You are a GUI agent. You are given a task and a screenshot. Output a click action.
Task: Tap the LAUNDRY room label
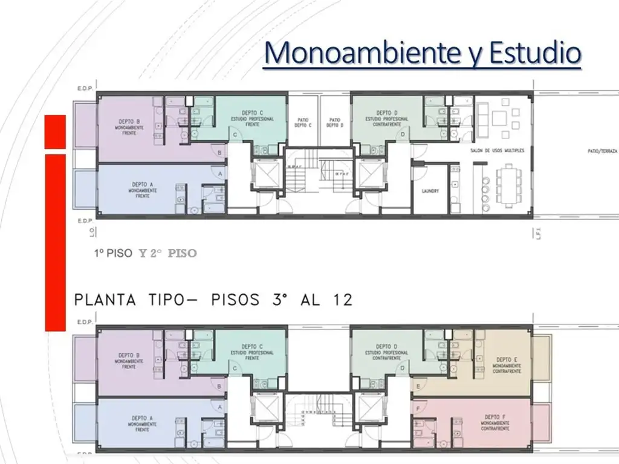point(430,191)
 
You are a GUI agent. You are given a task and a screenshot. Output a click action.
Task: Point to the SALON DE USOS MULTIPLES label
point(497,150)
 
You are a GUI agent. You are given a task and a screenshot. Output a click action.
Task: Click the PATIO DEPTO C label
point(302,123)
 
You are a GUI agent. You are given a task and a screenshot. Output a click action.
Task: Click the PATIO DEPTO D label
point(335,123)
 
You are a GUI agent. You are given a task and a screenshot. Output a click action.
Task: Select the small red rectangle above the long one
point(55,130)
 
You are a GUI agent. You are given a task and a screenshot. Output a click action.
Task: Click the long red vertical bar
point(55,242)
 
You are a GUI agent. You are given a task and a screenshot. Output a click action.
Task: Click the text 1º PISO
point(112,254)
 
